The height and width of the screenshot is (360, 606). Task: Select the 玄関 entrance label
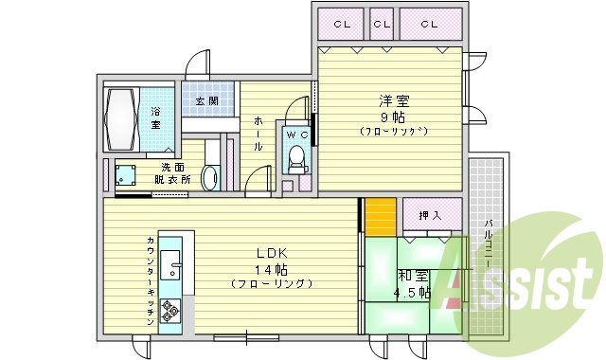pos(207,100)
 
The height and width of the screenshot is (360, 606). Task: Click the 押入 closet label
pos(432,216)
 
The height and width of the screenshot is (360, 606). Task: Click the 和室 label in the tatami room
pos(410,276)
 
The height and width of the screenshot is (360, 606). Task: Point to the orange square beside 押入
pos(380,213)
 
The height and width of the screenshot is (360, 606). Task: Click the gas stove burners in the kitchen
pos(170,309)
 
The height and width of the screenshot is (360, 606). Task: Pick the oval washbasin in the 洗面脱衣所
pos(210,177)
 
